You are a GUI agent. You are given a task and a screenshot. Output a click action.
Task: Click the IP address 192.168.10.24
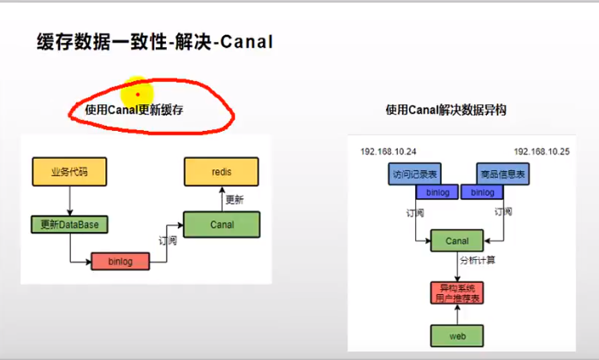pyautogui.click(x=388, y=150)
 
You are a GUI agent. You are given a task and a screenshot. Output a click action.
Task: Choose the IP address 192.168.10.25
pyautogui.click(x=542, y=150)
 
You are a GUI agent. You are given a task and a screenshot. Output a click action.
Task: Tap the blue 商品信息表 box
pyautogui.click(x=501, y=174)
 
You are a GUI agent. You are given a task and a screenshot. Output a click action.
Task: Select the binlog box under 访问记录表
pyautogui.click(x=437, y=193)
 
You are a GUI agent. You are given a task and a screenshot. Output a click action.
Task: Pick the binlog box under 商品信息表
pyautogui.click(x=483, y=193)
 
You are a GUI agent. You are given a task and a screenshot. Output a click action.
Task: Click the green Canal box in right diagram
pyautogui.click(x=458, y=241)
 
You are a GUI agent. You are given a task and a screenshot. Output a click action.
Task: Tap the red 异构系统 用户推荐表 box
pyautogui.click(x=458, y=292)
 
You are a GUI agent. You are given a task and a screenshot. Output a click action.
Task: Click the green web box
pyautogui.click(x=458, y=336)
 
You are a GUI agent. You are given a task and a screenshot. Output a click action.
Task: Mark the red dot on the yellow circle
pyautogui.click(x=138, y=94)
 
